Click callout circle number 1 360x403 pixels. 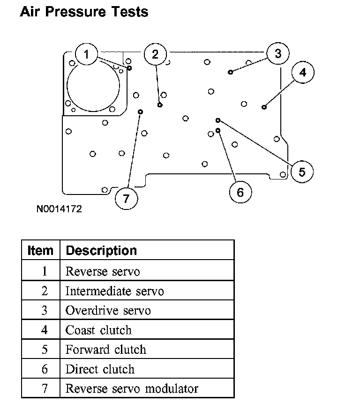pos(86,54)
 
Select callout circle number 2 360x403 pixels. pos(155,55)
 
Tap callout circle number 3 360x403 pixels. pos(278,53)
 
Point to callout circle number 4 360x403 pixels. pos(302,73)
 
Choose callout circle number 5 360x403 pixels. pos(302,172)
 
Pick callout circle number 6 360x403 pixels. pos(240,192)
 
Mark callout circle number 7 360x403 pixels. pos(126,198)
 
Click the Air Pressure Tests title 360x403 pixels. pos(84,12)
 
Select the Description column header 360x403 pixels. pos(101,251)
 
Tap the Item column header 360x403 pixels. pos(40,251)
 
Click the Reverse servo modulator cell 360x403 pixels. pos(132,388)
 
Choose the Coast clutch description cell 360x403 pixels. pos(98,330)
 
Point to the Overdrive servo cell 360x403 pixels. pos(108,310)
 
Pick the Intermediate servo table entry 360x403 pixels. pos(114,291)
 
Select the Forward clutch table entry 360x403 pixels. pos(105,350)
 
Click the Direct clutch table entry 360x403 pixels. pos(100,369)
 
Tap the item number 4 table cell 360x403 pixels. pos(44,330)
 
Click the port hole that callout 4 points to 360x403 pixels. pos(264,107)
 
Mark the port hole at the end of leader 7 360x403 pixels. pos(141,112)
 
